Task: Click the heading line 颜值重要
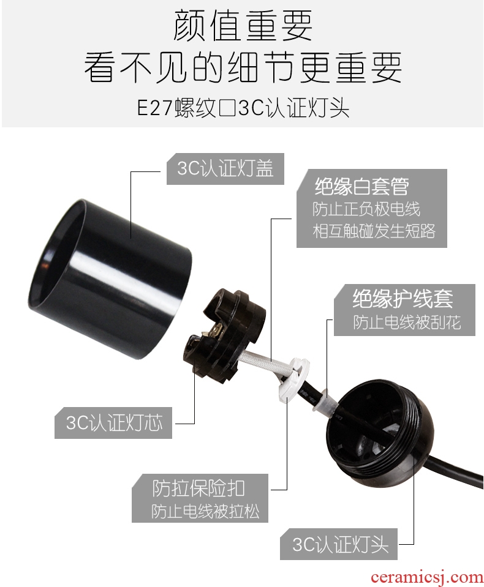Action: coord(243,26)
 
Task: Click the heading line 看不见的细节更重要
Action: coord(243,67)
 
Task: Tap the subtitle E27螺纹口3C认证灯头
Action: coord(243,108)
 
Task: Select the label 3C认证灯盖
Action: coord(225,168)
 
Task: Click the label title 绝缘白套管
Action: coord(361,186)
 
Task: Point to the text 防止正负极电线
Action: coord(366,209)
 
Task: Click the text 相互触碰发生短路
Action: coord(374,231)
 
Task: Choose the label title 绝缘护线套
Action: coord(403,298)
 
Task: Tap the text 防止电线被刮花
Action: coord(406,322)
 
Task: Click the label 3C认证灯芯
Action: coord(114,423)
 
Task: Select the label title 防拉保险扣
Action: coord(199,488)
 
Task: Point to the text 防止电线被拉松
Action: coord(205,511)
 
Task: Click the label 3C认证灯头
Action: coord(340,544)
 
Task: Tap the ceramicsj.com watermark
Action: coord(426,577)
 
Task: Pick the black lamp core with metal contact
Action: coord(225,337)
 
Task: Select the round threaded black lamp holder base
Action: coord(374,434)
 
